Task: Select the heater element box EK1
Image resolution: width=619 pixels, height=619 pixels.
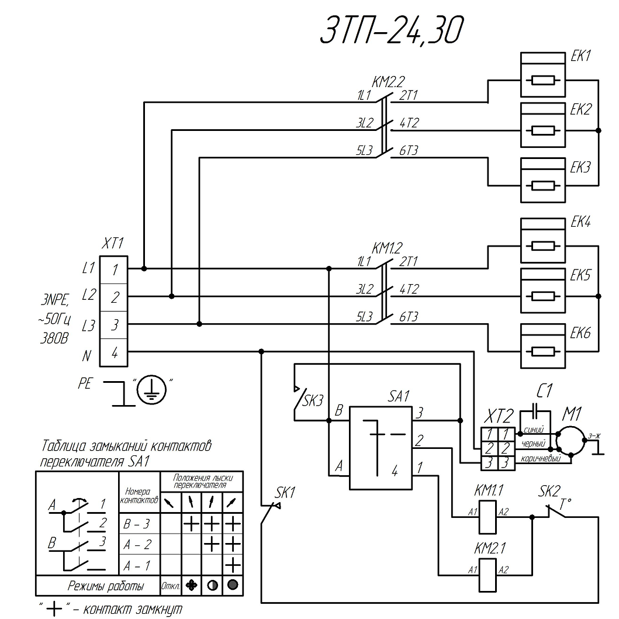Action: pos(543,75)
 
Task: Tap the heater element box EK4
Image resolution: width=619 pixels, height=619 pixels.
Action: pos(543,241)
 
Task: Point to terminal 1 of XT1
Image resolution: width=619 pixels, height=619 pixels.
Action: pos(115,269)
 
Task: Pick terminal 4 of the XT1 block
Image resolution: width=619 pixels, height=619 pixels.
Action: pos(115,352)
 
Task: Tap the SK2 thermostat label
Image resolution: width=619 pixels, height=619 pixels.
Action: pos(549,490)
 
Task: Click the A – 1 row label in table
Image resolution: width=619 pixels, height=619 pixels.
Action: pos(137,565)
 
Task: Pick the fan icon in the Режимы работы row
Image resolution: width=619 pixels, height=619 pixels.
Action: pos(191,585)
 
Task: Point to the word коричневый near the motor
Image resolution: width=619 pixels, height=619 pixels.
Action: pos(541,459)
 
